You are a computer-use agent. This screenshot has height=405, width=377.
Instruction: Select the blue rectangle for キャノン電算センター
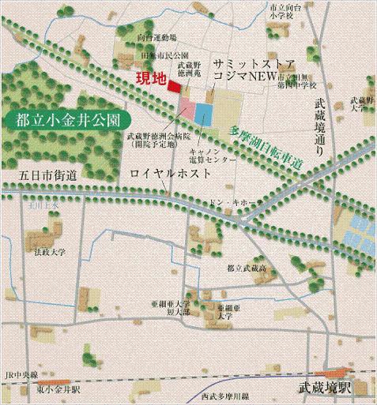tap(204, 114)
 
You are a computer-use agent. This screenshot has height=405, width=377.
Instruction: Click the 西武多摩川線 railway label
tap(226, 395)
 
